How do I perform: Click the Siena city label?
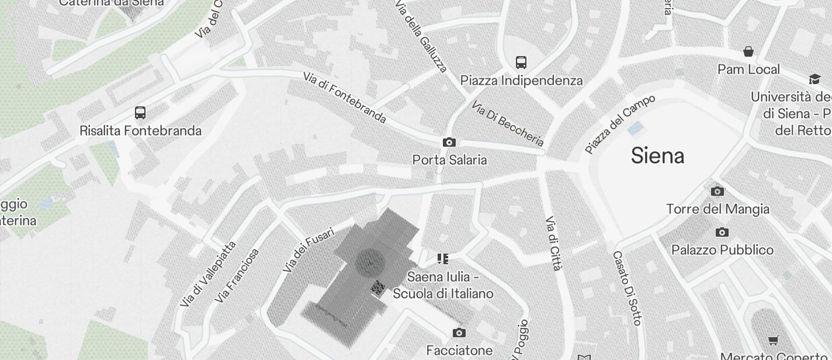point(657,156)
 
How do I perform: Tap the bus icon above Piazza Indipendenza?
point(521,62)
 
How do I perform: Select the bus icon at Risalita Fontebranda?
point(140,112)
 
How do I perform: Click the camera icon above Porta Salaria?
point(449,143)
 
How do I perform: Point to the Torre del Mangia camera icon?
point(717,191)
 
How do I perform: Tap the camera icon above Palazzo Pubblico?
point(722,233)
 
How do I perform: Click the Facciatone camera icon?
point(459,333)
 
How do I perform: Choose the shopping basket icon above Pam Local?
point(748,51)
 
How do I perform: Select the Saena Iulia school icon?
point(443,258)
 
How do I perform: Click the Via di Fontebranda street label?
point(345,98)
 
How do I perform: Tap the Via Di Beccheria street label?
point(508,124)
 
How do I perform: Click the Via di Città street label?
point(553,243)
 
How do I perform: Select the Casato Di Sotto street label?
point(627,288)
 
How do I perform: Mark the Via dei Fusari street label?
point(308,250)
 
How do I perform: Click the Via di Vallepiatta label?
point(209,274)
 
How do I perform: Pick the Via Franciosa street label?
point(237,276)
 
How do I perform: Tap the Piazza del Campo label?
point(620,123)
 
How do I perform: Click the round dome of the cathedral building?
point(369,262)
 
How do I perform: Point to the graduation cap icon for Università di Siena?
point(814,79)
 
